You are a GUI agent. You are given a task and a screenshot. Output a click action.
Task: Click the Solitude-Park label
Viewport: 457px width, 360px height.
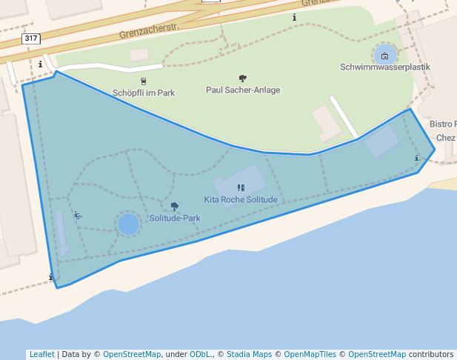[x=175, y=219]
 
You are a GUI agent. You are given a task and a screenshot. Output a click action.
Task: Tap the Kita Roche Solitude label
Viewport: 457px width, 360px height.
[x=241, y=200]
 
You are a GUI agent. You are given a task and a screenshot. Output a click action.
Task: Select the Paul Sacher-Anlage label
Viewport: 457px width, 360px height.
[x=243, y=90]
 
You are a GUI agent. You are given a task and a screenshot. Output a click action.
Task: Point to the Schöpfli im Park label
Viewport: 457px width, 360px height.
[x=144, y=93]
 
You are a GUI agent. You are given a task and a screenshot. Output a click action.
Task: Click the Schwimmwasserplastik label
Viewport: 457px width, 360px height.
[x=384, y=67]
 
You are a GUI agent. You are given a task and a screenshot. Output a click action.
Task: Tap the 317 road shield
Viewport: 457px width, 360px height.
[x=31, y=38]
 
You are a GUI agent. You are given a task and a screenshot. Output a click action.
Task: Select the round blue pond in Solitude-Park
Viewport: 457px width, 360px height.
[x=128, y=224]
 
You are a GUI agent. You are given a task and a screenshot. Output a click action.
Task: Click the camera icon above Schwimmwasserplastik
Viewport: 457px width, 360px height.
[x=384, y=56]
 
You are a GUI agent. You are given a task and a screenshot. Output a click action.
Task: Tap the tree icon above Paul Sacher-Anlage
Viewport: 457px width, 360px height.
[x=243, y=79]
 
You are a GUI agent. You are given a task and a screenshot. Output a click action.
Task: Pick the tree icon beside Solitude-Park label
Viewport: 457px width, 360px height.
[x=175, y=207]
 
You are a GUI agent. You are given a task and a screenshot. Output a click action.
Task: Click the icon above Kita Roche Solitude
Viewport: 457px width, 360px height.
[x=241, y=188]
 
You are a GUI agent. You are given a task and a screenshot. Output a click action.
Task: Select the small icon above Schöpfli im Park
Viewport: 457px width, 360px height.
[x=144, y=81]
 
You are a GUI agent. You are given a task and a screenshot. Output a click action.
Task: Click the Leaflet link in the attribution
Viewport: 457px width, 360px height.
[x=41, y=354]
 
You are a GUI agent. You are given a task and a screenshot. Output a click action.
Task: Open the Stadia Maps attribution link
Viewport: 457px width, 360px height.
[x=250, y=354]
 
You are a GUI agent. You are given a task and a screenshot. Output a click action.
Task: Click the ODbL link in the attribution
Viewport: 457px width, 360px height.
[x=201, y=354]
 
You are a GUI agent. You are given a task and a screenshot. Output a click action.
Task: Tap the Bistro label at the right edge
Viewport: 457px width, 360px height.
[x=443, y=124]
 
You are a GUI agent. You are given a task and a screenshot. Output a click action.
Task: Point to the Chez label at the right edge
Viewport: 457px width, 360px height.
[x=446, y=138]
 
